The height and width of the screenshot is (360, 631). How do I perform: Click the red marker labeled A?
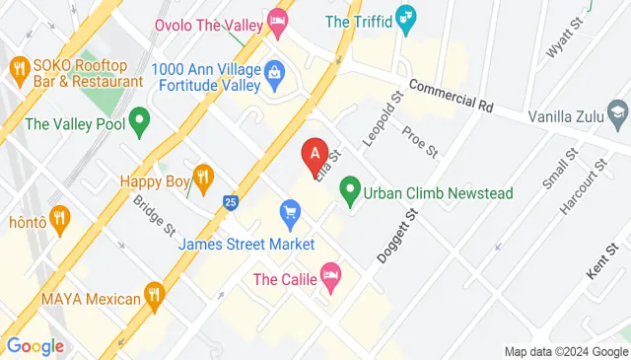(315, 154)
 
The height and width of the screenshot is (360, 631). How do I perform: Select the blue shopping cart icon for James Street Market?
(290, 211)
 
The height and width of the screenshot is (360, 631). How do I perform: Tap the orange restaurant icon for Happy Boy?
(203, 178)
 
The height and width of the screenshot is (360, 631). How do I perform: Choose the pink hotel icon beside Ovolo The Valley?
(278, 19)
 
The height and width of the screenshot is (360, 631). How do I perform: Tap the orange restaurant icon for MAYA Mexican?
(153, 293)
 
